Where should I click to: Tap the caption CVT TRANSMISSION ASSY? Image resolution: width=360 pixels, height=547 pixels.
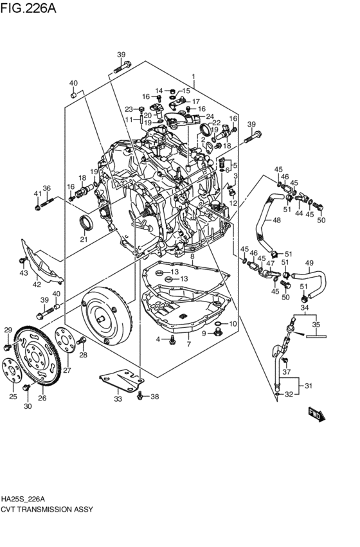click(47, 509)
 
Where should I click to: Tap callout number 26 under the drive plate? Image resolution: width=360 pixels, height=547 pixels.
click(42, 398)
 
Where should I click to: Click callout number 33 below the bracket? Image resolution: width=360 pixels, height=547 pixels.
click(118, 399)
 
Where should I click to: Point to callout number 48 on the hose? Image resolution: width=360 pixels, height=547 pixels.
click(276, 220)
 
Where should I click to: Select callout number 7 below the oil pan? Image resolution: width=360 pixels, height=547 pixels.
click(188, 345)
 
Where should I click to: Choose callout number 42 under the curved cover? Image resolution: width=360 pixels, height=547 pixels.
click(37, 284)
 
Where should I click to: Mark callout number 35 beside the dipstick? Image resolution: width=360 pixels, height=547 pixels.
click(315, 325)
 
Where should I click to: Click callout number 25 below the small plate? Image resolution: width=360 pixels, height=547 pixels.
click(13, 397)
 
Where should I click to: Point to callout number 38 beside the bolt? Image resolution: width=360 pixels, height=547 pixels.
click(154, 397)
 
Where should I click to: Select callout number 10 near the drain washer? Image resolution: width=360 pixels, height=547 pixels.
click(233, 323)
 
